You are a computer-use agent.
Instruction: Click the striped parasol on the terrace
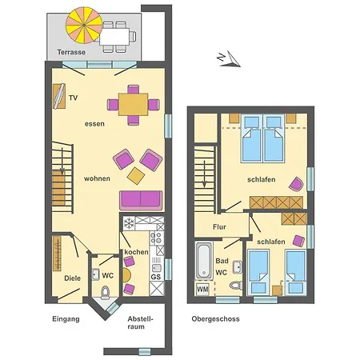(84, 25)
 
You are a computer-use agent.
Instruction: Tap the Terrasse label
(71, 52)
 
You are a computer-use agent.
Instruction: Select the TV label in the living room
(74, 98)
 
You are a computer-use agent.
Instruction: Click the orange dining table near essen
(133, 104)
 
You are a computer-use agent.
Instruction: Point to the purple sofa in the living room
(141, 200)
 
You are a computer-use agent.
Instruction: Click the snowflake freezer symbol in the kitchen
(129, 223)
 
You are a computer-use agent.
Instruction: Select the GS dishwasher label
(156, 277)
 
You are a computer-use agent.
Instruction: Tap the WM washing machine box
(202, 289)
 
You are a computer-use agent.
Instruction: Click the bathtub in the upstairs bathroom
(204, 261)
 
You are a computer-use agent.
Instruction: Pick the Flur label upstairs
(219, 227)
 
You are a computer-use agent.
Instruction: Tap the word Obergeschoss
(215, 319)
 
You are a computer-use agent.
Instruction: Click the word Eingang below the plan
(66, 319)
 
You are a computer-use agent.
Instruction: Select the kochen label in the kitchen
(136, 252)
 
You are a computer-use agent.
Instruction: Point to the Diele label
(72, 278)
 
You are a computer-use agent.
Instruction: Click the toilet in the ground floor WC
(105, 292)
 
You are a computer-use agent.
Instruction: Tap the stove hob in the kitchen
(157, 238)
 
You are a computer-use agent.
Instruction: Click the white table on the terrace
(114, 36)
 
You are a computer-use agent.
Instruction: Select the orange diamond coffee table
(136, 176)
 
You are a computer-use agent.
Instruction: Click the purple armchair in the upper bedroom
(296, 184)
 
